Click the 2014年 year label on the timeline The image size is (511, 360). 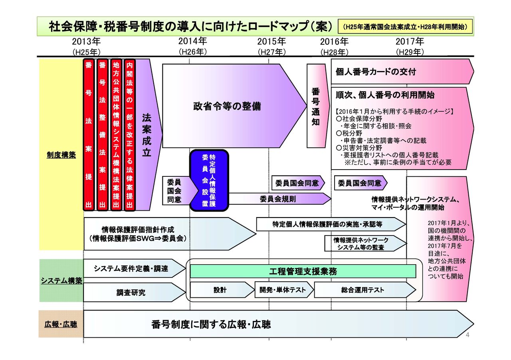tap(192, 41)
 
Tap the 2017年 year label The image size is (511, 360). tap(410, 42)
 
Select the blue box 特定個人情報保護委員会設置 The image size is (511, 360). tap(209, 180)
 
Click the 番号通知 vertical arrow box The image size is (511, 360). tap(315, 106)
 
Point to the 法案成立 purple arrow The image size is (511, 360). tap(147, 136)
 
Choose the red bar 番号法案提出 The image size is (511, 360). tap(89, 135)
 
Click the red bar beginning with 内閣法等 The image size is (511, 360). tap(129, 135)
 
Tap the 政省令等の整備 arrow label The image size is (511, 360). tap(227, 107)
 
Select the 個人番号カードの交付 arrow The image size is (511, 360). tap(399, 72)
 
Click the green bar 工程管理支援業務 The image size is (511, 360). tap(303, 271)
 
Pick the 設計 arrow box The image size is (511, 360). tap(220, 290)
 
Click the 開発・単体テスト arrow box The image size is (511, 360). tap(281, 290)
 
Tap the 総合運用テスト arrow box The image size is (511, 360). tap(362, 290)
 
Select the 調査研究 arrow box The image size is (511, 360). tap(131, 293)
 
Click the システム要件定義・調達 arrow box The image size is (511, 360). tap(131, 269)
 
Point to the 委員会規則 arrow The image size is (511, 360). tap(278, 198)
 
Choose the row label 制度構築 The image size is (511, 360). tap(61, 155)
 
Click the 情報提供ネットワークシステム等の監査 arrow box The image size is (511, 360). tap(361, 243)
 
